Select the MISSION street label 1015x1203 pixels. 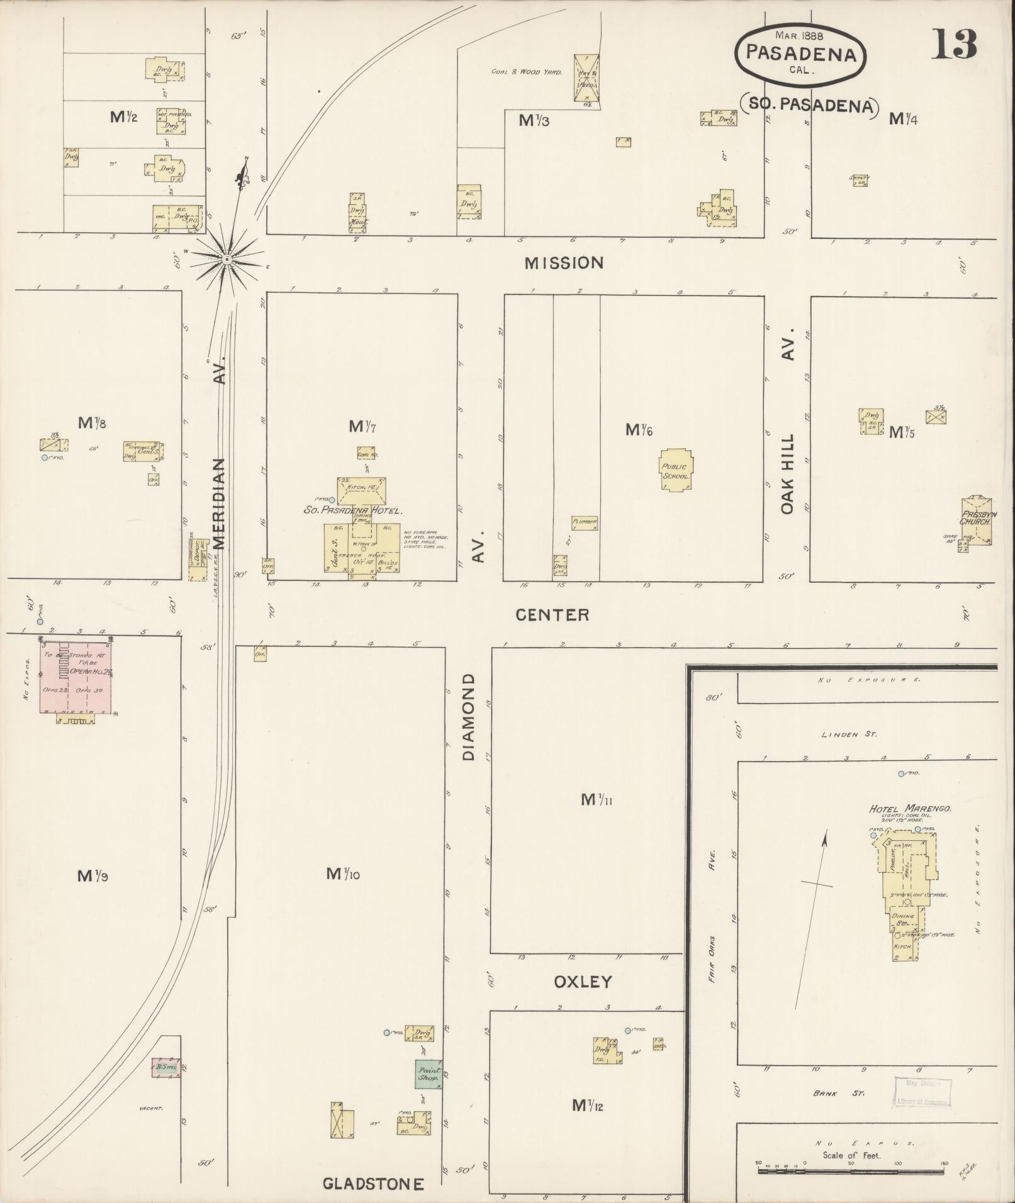click(564, 263)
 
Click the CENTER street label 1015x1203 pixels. click(552, 614)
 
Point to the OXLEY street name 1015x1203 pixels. click(583, 982)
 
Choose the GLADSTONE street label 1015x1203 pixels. click(373, 1184)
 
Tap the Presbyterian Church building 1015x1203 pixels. click(977, 521)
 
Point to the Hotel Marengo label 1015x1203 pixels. click(901, 809)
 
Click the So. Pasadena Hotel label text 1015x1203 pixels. click(352, 511)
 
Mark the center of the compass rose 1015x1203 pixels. click(227, 258)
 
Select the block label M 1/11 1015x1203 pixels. click(597, 800)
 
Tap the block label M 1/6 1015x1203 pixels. click(639, 430)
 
